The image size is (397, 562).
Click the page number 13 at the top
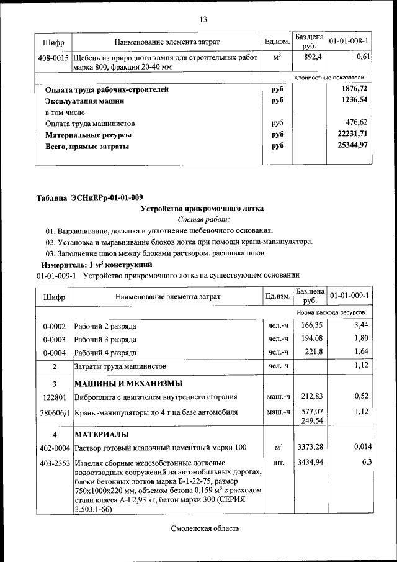pos(202,19)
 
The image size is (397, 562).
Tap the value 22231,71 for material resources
pos(351,134)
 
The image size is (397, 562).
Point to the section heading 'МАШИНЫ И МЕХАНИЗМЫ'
pos(128,383)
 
